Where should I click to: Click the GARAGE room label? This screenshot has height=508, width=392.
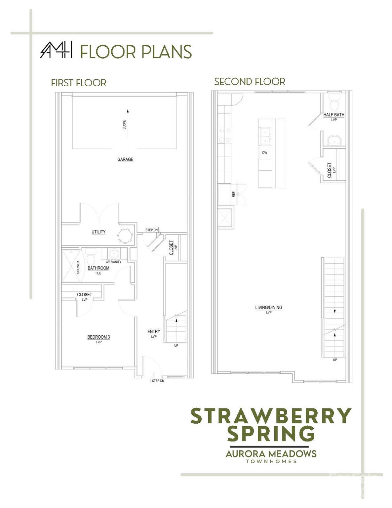(x=125, y=159)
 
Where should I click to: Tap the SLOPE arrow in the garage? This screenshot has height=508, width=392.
(x=128, y=123)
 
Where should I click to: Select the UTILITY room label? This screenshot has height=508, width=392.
(x=98, y=232)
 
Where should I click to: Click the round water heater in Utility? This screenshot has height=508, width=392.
(x=126, y=236)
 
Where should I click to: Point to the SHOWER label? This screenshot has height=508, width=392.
(x=78, y=267)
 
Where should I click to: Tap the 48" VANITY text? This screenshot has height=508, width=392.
(x=114, y=262)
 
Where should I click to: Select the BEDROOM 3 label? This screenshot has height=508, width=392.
(x=98, y=337)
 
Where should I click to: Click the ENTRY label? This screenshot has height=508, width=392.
(x=154, y=331)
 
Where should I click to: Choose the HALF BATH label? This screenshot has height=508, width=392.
(x=333, y=115)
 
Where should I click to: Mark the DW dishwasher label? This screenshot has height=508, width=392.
(x=264, y=153)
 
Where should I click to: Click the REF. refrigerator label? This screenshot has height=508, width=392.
(x=233, y=194)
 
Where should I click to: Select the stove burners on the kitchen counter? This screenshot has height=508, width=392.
(x=225, y=135)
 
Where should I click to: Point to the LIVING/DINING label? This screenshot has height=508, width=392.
(x=269, y=307)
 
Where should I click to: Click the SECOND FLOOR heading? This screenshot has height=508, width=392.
(x=250, y=82)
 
